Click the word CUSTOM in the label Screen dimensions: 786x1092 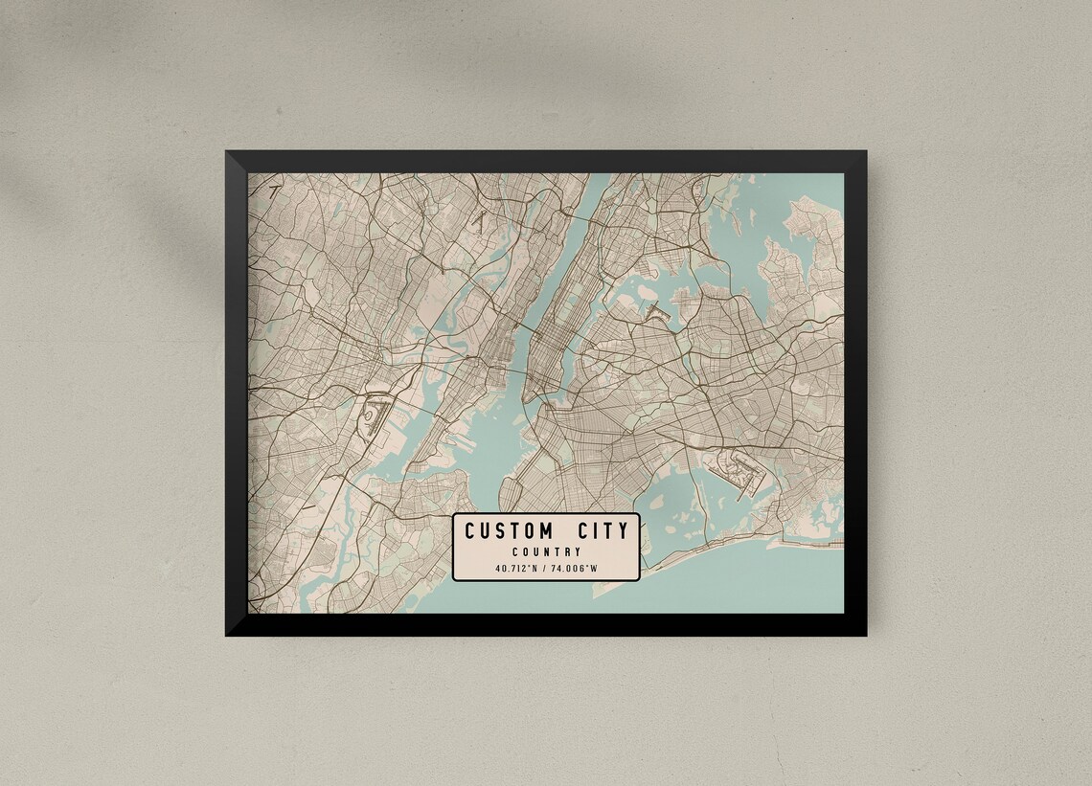tap(509, 530)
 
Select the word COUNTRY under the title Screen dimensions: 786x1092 tap(546, 551)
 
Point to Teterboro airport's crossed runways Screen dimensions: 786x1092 tap(476, 221)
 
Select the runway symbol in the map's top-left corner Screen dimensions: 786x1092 tap(274, 191)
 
